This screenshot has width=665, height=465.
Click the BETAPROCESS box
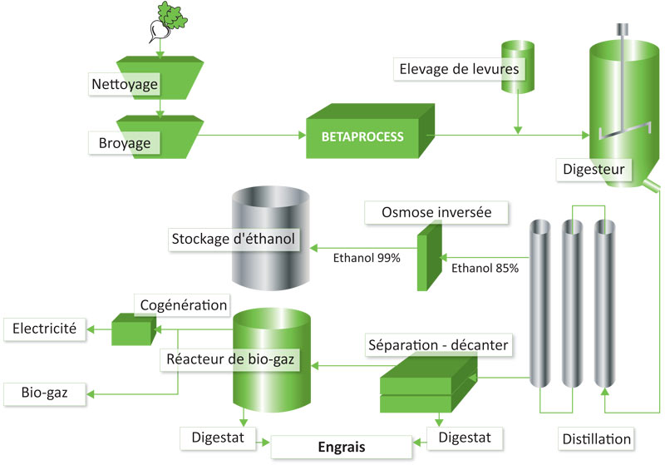click(370, 131)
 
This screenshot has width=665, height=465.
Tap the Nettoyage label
click(125, 84)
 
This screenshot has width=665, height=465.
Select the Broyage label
click(124, 143)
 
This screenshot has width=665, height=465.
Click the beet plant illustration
click(168, 22)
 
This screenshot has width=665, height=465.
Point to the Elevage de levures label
click(459, 69)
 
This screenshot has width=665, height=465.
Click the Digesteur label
click(594, 170)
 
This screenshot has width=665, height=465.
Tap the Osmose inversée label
click(436, 212)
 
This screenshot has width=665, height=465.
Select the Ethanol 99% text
click(367, 258)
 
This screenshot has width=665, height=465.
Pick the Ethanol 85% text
click(485, 268)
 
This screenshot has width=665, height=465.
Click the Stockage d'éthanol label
click(234, 240)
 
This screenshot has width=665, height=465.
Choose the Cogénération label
click(183, 305)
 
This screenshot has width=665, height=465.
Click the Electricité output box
click(45, 329)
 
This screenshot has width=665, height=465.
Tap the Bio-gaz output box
click(45, 393)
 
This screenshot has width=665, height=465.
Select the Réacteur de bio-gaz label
click(230, 360)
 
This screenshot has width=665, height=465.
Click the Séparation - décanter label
click(438, 345)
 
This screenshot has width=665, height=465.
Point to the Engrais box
click(342, 447)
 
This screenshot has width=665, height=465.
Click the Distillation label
click(596, 438)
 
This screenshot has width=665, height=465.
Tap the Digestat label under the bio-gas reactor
click(218, 438)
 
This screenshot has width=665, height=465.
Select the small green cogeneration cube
click(134, 329)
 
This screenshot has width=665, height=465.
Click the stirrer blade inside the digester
click(624, 131)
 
